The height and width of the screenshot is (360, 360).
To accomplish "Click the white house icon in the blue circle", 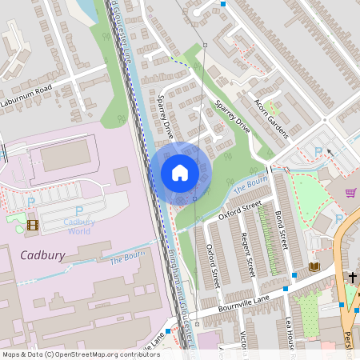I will (x=180, y=173).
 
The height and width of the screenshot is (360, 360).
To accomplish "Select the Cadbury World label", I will (x=78, y=226).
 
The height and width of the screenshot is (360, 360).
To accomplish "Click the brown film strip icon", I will (x=32, y=225).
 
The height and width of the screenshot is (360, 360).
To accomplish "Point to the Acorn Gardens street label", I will (x=270, y=118).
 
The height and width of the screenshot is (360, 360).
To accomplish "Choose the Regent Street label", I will (x=247, y=254).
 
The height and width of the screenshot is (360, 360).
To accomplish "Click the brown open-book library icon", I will (x=314, y=266).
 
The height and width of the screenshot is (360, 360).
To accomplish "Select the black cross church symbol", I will (x=352, y=277).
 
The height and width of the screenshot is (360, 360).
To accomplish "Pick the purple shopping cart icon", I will (x=350, y=193).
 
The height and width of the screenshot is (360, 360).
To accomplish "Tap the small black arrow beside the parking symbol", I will (x=329, y=151).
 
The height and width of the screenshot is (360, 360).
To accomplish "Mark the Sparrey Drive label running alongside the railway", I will (x=166, y=118).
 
